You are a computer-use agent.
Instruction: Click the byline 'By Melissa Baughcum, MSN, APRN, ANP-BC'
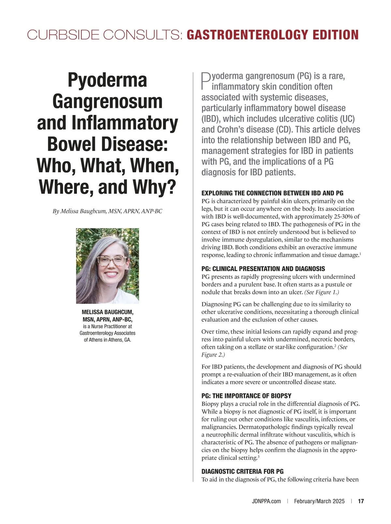point(108,211)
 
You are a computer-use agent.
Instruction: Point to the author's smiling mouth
point(111,274)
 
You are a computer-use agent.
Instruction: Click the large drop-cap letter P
point(206,81)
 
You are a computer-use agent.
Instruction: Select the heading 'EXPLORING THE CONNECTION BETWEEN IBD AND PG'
point(272,193)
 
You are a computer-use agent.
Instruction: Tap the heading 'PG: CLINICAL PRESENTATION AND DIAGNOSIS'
point(263,269)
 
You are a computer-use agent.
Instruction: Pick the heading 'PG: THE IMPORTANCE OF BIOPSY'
point(246,396)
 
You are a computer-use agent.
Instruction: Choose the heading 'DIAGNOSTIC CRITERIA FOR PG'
point(242,471)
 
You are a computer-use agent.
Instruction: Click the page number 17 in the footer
point(361,501)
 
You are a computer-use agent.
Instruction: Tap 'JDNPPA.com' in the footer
point(266,501)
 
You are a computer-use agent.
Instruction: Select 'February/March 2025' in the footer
point(319,501)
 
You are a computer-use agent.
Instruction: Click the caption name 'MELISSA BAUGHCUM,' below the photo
point(108,312)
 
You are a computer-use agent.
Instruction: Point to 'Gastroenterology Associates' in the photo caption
point(108,333)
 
